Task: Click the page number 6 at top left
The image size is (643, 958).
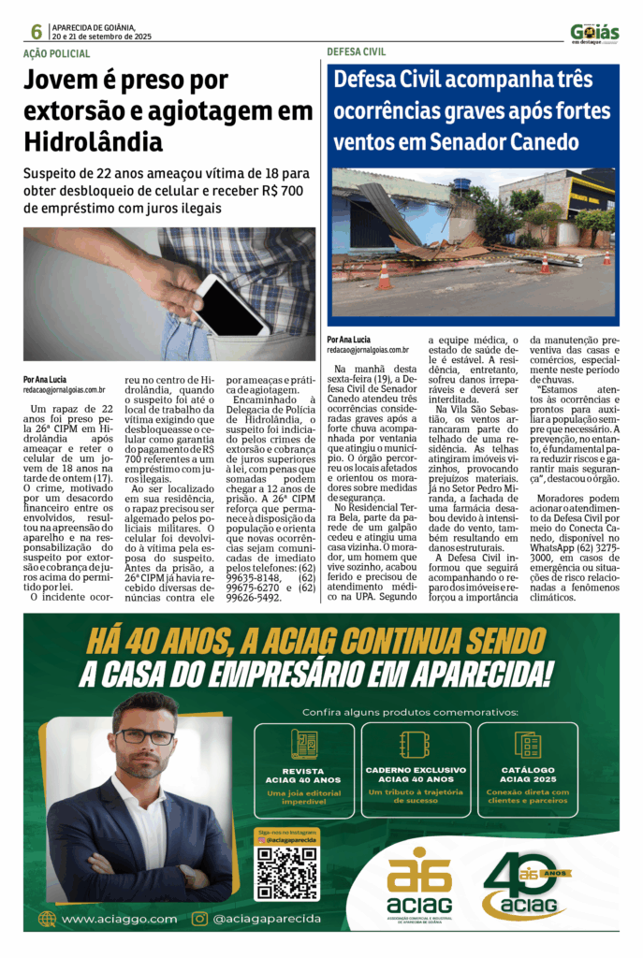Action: [37, 31]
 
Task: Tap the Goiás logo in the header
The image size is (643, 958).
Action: [594, 33]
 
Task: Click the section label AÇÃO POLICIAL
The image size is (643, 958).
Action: [57, 54]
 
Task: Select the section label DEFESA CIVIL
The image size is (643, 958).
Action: [357, 52]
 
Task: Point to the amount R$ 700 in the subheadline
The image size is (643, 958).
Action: [280, 190]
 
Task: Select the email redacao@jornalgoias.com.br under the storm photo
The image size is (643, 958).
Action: [368, 349]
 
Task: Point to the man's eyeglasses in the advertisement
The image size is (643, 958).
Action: [145, 736]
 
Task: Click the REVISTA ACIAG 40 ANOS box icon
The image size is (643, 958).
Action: [304, 744]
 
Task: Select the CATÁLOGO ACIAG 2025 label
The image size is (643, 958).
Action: [528, 774]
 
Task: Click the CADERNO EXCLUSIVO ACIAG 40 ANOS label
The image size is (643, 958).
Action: [416, 774]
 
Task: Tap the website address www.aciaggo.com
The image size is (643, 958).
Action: [119, 919]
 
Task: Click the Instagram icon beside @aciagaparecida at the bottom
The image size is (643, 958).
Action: [199, 919]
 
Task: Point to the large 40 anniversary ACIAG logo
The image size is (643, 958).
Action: [529, 885]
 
